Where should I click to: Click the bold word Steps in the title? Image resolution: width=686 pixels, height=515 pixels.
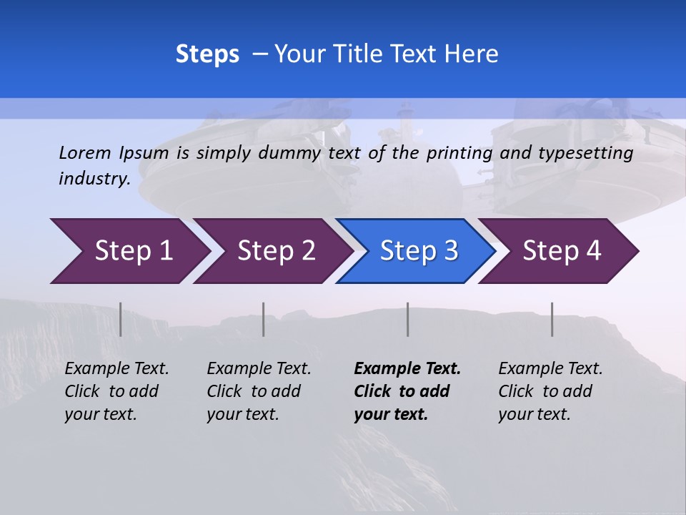click(207, 54)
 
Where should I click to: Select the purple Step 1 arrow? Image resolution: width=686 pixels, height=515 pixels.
click(129, 251)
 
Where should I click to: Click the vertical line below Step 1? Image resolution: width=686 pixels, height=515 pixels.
click(121, 319)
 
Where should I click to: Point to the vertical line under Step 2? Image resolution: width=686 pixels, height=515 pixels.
click(264, 319)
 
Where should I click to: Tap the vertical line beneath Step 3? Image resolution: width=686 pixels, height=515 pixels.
click(408, 319)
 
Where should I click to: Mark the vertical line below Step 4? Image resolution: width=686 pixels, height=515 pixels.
click(552, 319)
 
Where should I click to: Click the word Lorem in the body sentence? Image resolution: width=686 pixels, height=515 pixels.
click(85, 152)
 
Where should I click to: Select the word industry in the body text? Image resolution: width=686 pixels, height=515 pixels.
click(94, 179)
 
